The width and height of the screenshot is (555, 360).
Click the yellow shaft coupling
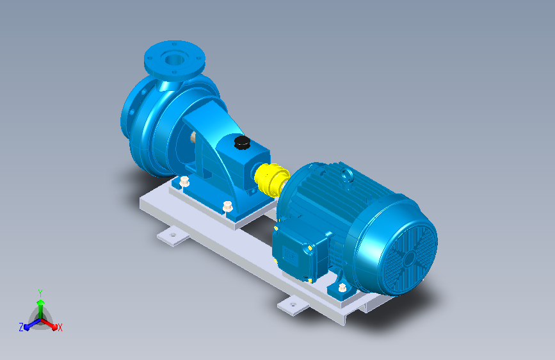coord(272,179)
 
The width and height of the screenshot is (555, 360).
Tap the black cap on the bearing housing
coord(242,142)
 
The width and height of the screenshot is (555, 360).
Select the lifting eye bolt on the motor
coord(347,174)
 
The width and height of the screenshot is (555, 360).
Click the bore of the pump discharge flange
coord(175,59)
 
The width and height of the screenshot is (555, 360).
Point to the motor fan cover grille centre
coord(410,259)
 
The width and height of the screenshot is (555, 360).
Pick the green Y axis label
coord(40,293)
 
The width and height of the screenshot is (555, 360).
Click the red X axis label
coord(60,328)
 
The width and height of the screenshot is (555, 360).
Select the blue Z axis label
coord(21,327)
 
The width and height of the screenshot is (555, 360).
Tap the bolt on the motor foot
coord(342,288)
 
